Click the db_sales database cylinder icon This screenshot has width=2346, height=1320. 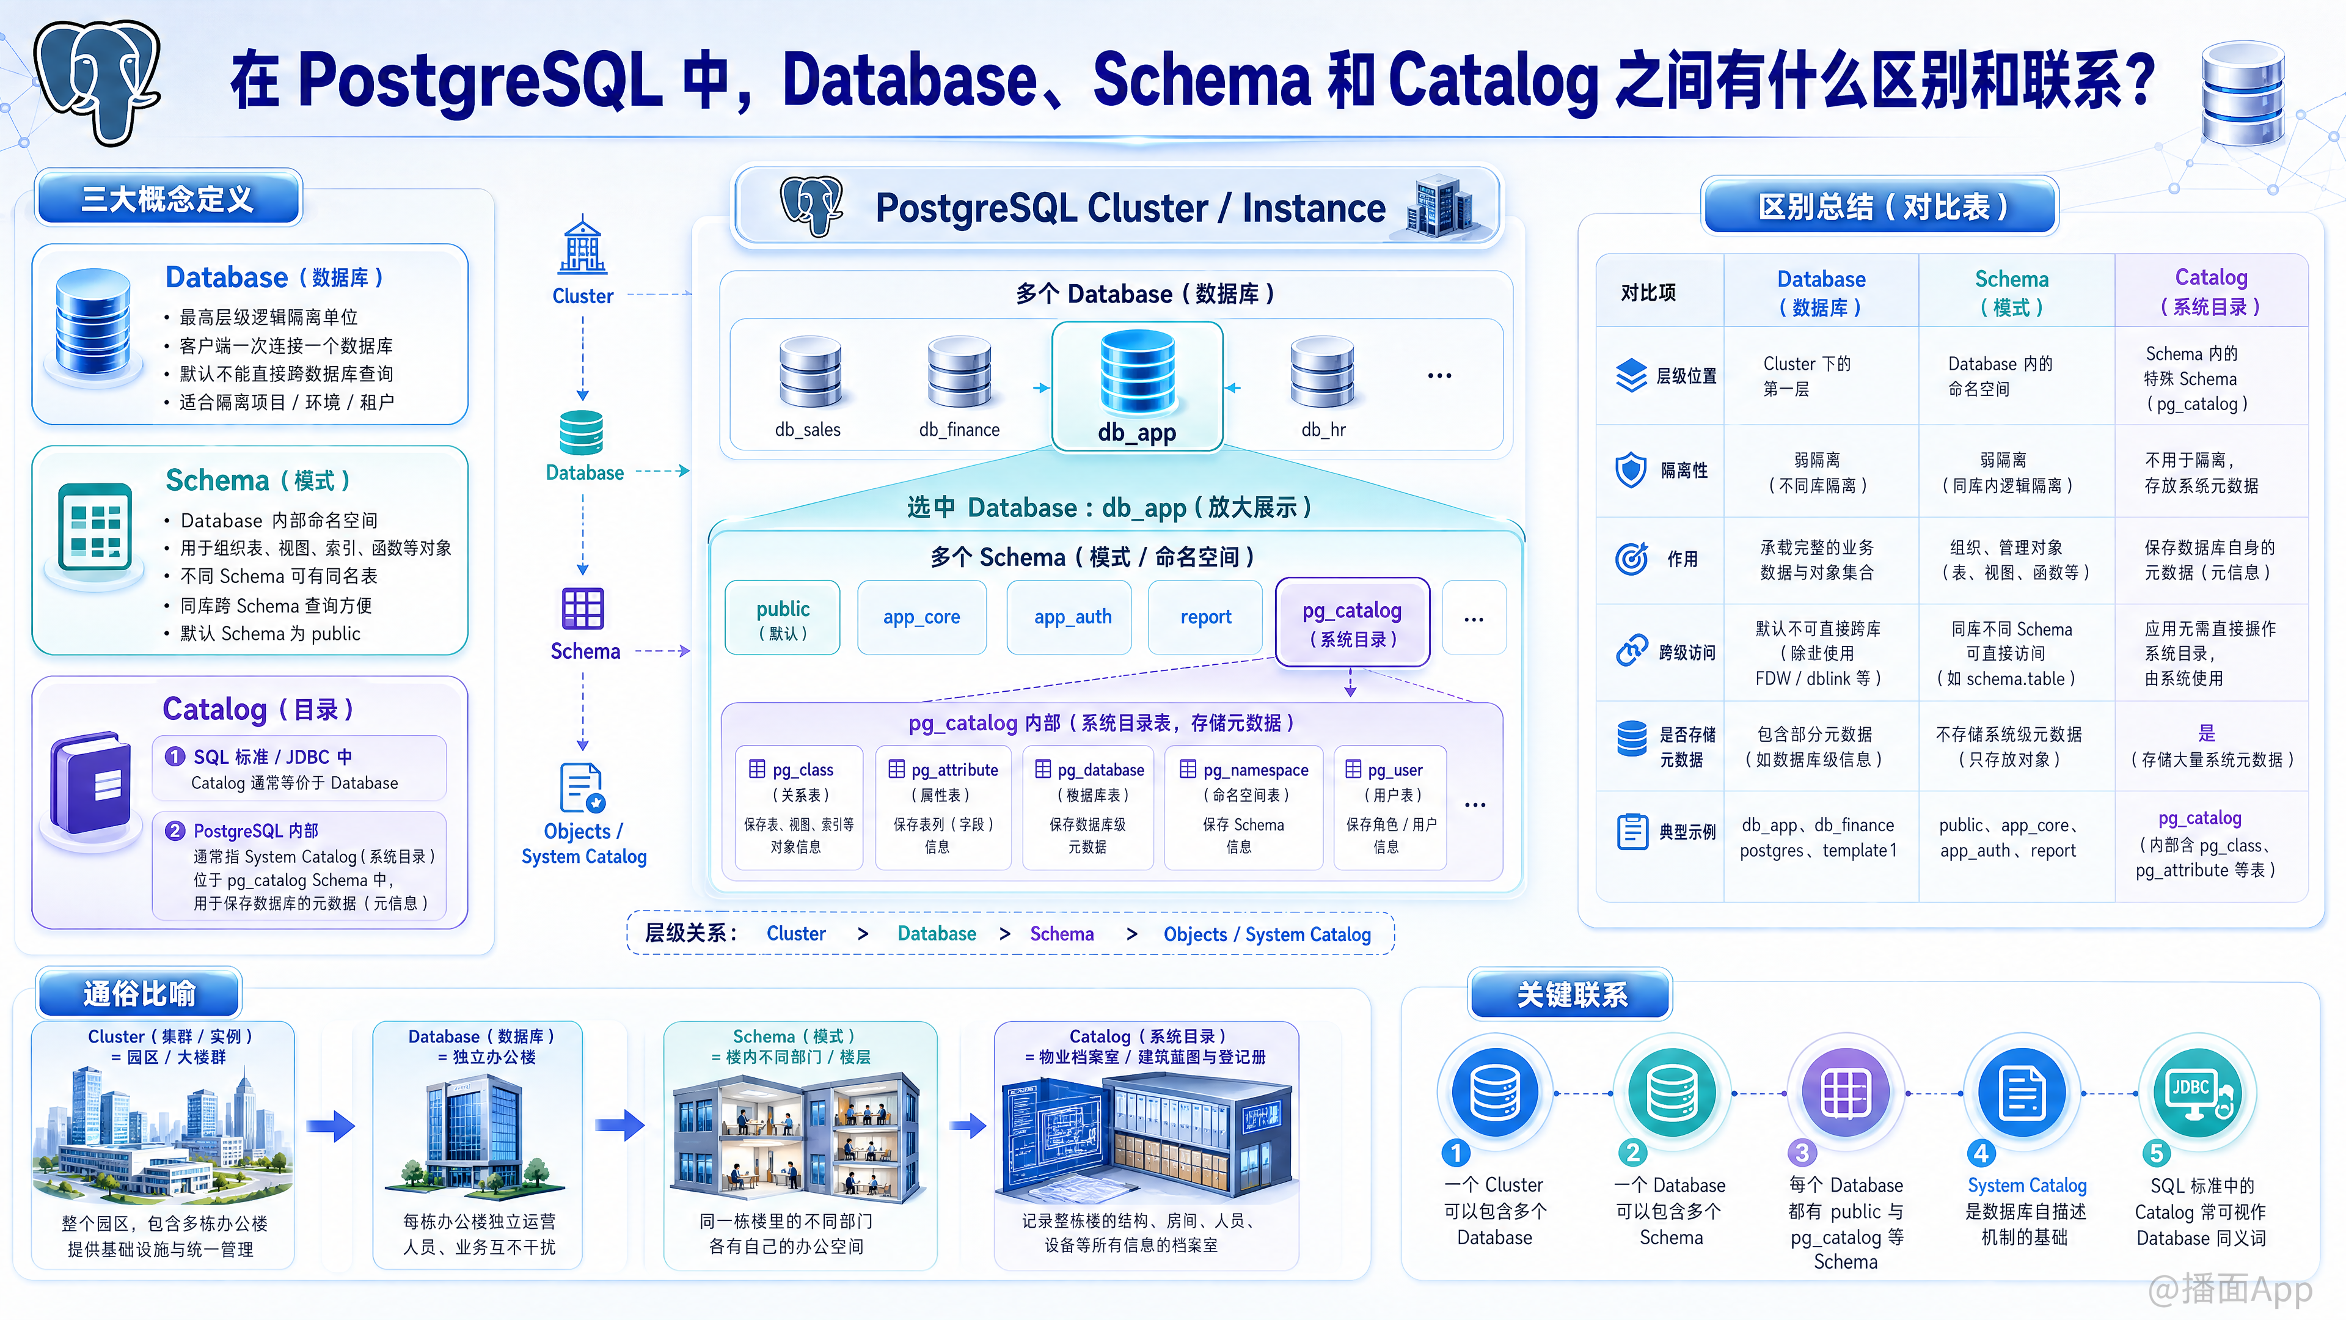click(809, 371)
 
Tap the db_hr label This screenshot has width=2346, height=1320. click(1323, 429)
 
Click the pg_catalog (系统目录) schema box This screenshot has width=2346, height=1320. click(1353, 622)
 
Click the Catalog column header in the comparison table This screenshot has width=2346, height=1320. click(2210, 291)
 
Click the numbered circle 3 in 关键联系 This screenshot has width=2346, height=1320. click(1802, 1153)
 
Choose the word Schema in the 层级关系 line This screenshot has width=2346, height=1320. click(1062, 934)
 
